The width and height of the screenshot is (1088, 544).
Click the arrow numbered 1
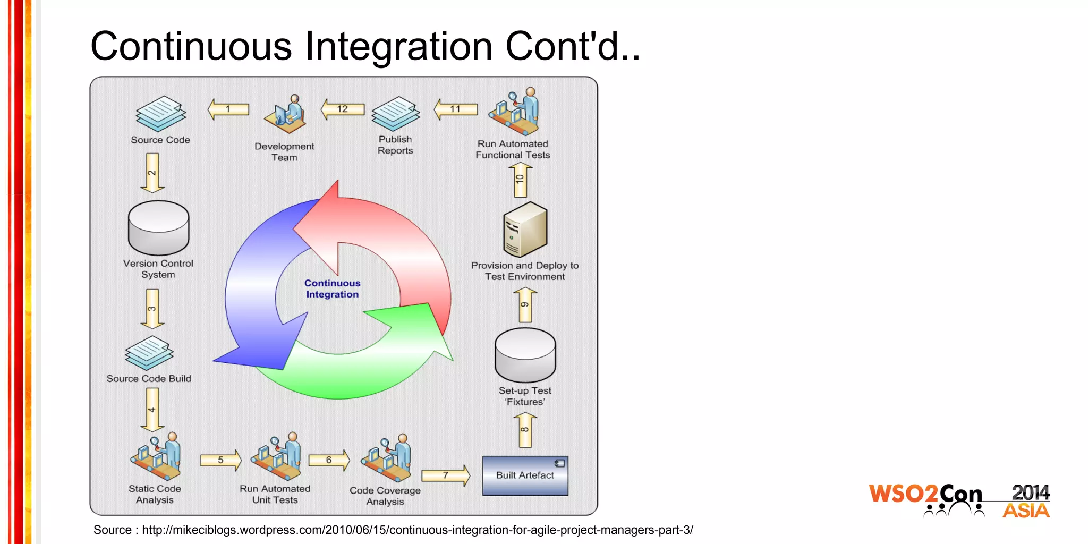228,109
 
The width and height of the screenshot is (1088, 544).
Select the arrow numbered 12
343,109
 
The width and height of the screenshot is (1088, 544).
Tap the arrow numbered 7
446,475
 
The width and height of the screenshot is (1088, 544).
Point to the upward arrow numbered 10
520,180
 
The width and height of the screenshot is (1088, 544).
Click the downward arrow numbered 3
152,309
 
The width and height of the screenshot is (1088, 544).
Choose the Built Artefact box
525,475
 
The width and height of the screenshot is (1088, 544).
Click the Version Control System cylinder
158,228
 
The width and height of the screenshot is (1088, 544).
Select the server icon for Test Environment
525,229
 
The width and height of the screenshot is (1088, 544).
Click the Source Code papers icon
161,114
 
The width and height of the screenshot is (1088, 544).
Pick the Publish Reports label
395,145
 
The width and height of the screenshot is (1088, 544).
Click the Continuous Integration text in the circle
333,289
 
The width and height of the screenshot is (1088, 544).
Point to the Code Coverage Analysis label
385,496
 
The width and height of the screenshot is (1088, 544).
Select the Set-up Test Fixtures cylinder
525,355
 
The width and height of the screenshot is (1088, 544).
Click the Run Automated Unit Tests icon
276,457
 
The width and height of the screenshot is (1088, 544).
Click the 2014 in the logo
1030,492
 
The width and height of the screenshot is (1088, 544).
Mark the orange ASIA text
1026,511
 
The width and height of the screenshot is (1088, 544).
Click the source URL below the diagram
417,530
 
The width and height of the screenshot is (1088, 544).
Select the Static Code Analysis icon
156,457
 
